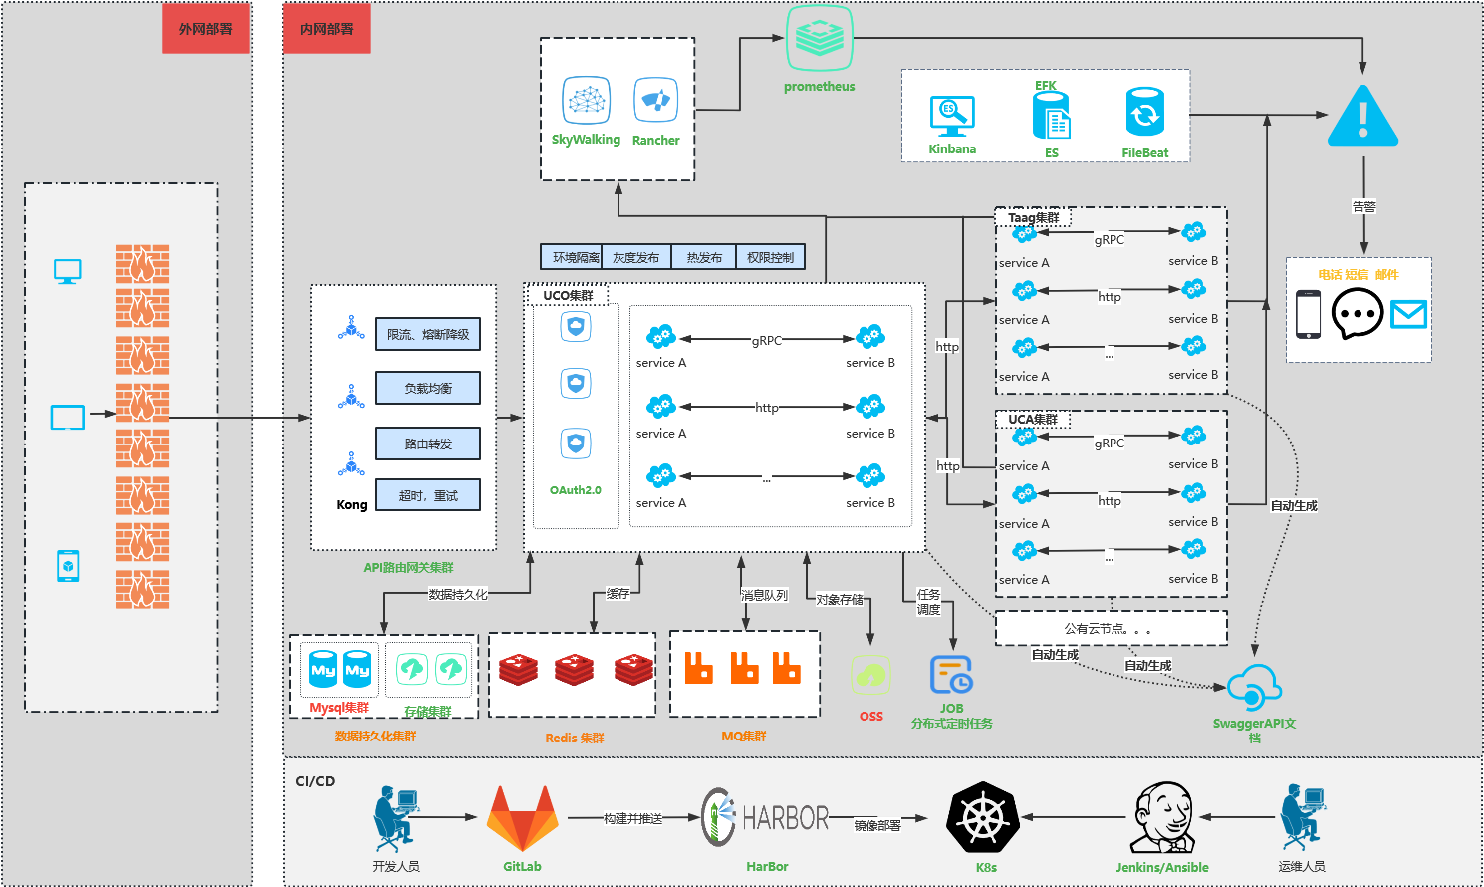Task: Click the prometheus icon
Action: [x=820, y=38]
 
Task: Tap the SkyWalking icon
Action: [x=586, y=101]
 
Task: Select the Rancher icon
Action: [x=655, y=100]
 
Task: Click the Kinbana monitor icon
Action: [x=952, y=117]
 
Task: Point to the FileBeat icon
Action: [x=1145, y=112]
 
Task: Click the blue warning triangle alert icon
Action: [x=1362, y=117]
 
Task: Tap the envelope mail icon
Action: [x=1408, y=315]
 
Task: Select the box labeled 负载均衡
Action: [x=428, y=388]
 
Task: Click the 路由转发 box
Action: [x=428, y=443]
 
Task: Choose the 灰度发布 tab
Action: [x=636, y=257]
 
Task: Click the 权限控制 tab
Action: [x=770, y=257]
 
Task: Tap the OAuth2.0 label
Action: [x=576, y=490]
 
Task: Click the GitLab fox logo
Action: [x=522, y=818]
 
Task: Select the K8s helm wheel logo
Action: [x=983, y=818]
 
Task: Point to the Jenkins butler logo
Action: [x=1163, y=817]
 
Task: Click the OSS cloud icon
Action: [x=870, y=676]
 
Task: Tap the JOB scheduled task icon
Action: [x=951, y=675]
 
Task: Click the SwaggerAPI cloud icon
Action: [x=1254, y=688]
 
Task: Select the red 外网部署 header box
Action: [x=206, y=29]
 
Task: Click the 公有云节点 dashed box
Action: [x=1111, y=629]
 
